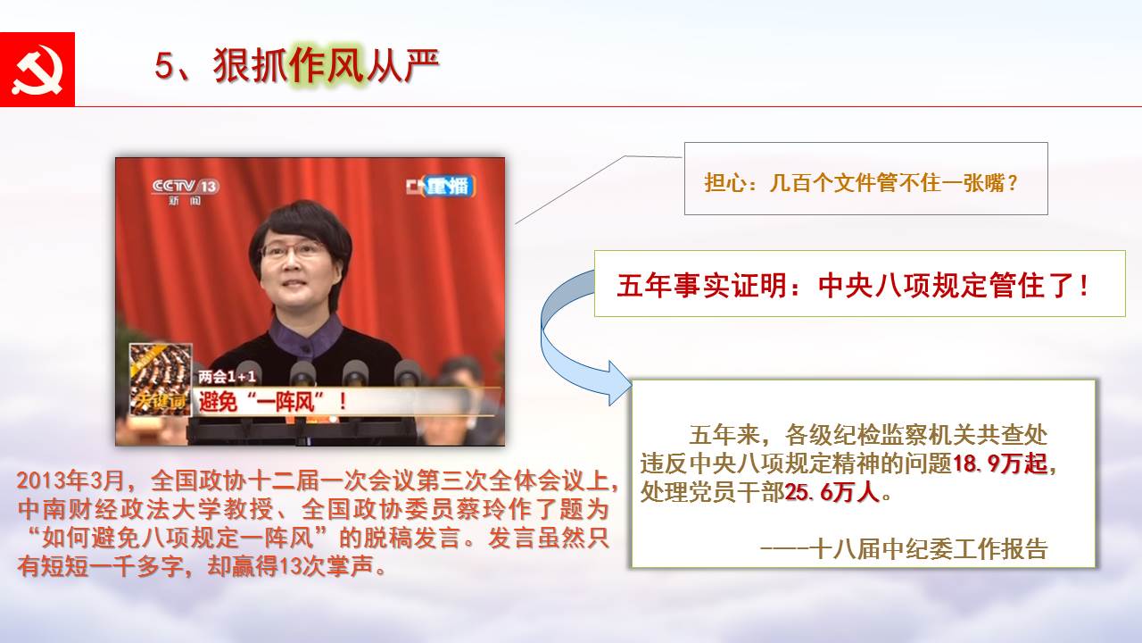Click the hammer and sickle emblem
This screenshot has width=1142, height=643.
(x=37, y=70)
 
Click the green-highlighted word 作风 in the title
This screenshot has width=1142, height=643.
(x=327, y=65)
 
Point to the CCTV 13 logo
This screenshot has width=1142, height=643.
(x=186, y=191)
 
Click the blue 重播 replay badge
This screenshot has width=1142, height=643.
(x=449, y=187)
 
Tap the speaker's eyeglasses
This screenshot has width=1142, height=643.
(x=294, y=250)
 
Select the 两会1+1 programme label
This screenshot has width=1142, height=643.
(x=227, y=377)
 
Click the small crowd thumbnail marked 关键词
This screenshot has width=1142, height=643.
(x=160, y=380)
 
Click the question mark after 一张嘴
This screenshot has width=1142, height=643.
(x=1013, y=183)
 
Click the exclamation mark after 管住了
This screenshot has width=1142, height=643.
(x=1084, y=285)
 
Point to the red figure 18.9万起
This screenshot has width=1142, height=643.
(x=999, y=463)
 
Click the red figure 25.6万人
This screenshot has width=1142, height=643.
(x=832, y=492)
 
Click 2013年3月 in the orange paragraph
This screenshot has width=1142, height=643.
(x=70, y=480)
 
